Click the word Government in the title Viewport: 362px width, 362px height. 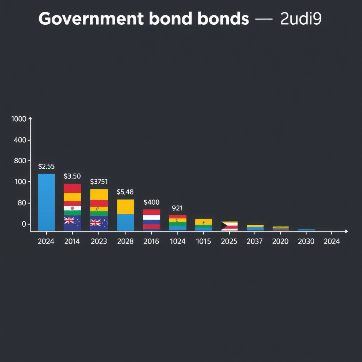click(91, 19)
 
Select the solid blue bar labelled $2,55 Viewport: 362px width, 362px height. click(46, 202)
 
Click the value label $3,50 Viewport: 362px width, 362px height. click(72, 176)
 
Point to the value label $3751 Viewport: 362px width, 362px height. click(99, 182)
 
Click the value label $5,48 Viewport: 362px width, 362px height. click(125, 192)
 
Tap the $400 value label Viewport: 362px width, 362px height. click(152, 203)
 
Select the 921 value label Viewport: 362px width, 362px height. click(177, 208)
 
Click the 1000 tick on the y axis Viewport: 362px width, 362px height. click(19, 119)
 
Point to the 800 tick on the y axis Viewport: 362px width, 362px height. click(20, 161)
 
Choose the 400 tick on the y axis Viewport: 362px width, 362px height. click(20, 140)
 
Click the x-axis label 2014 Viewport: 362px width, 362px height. click(72, 241)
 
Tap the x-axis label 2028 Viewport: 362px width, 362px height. click(125, 241)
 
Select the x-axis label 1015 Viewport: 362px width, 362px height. click(203, 241)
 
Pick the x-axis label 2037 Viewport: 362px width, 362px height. click(255, 241)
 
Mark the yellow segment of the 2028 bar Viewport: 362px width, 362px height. click(125, 207)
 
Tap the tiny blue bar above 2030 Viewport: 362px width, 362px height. click(306, 229)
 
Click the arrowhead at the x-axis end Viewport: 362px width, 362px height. click(346, 231)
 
